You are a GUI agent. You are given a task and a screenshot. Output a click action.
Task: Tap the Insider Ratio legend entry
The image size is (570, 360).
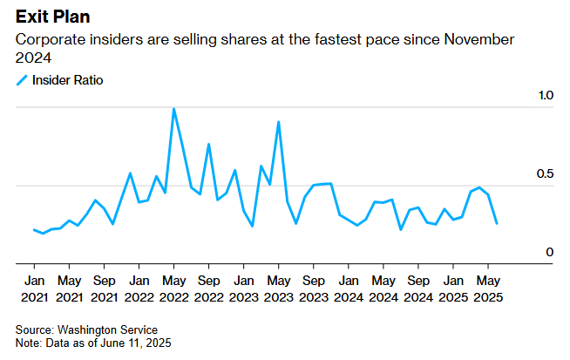coord(66,80)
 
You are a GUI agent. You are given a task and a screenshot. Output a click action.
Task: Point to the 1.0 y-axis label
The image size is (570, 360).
coord(544,94)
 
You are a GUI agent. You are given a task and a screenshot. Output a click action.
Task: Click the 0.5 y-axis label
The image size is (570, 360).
coord(544,174)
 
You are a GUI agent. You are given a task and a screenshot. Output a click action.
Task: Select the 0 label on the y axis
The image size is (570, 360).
coord(549,253)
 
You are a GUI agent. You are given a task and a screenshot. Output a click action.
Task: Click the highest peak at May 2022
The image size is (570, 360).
coord(173,109)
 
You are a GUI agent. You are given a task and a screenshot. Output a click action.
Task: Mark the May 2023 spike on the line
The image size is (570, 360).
coord(278,122)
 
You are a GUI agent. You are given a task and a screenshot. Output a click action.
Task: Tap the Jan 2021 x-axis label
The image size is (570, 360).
coord(34,289)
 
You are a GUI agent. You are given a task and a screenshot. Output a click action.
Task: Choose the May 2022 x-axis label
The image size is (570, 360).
coord(173,289)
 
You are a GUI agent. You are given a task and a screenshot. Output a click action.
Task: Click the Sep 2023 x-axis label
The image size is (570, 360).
coord(313,289)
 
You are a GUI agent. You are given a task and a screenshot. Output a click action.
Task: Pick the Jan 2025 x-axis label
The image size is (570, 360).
coord(452,289)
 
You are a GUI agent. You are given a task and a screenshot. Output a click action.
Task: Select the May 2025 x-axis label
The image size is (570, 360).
coord(487,289)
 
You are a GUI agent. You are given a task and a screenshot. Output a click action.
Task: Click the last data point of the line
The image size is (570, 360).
coord(497,224)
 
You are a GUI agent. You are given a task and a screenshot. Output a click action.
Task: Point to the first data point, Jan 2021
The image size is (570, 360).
coord(34,230)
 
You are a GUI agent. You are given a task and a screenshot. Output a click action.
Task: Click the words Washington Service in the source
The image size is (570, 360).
coord(107,330)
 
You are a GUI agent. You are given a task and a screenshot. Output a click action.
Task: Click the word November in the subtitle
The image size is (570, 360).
coord(478,40)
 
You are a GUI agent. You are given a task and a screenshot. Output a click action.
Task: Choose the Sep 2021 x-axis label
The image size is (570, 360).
coord(104,289)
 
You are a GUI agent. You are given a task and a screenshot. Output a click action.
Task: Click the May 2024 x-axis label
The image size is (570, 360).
coord(383,289)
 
